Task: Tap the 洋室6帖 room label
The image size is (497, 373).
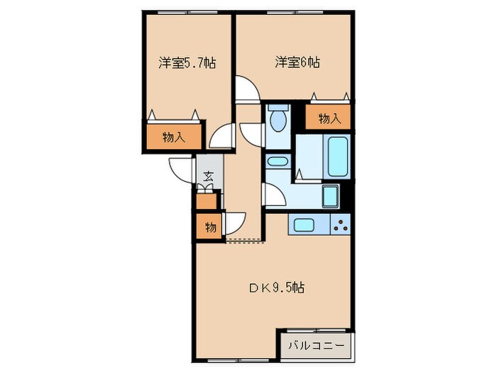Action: pyautogui.click(x=297, y=63)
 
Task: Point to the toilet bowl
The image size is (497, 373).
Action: pyautogui.click(x=279, y=119)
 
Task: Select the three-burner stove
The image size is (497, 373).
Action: pyautogui.click(x=340, y=225)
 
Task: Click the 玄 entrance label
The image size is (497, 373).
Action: pyautogui.click(x=209, y=177)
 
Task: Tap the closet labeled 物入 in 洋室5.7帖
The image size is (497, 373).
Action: pyautogui.click(x=174, y=138)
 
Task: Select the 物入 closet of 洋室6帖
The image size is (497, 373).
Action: pyautogui.click(x=329, y=118)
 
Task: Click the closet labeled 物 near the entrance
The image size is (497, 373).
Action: pyautogui.click(x=210, y=228)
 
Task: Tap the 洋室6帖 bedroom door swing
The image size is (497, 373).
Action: pyautogui.click(x=248, y=89)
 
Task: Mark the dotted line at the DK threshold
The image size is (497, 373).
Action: pyautogui.click(x=244, y=239)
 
